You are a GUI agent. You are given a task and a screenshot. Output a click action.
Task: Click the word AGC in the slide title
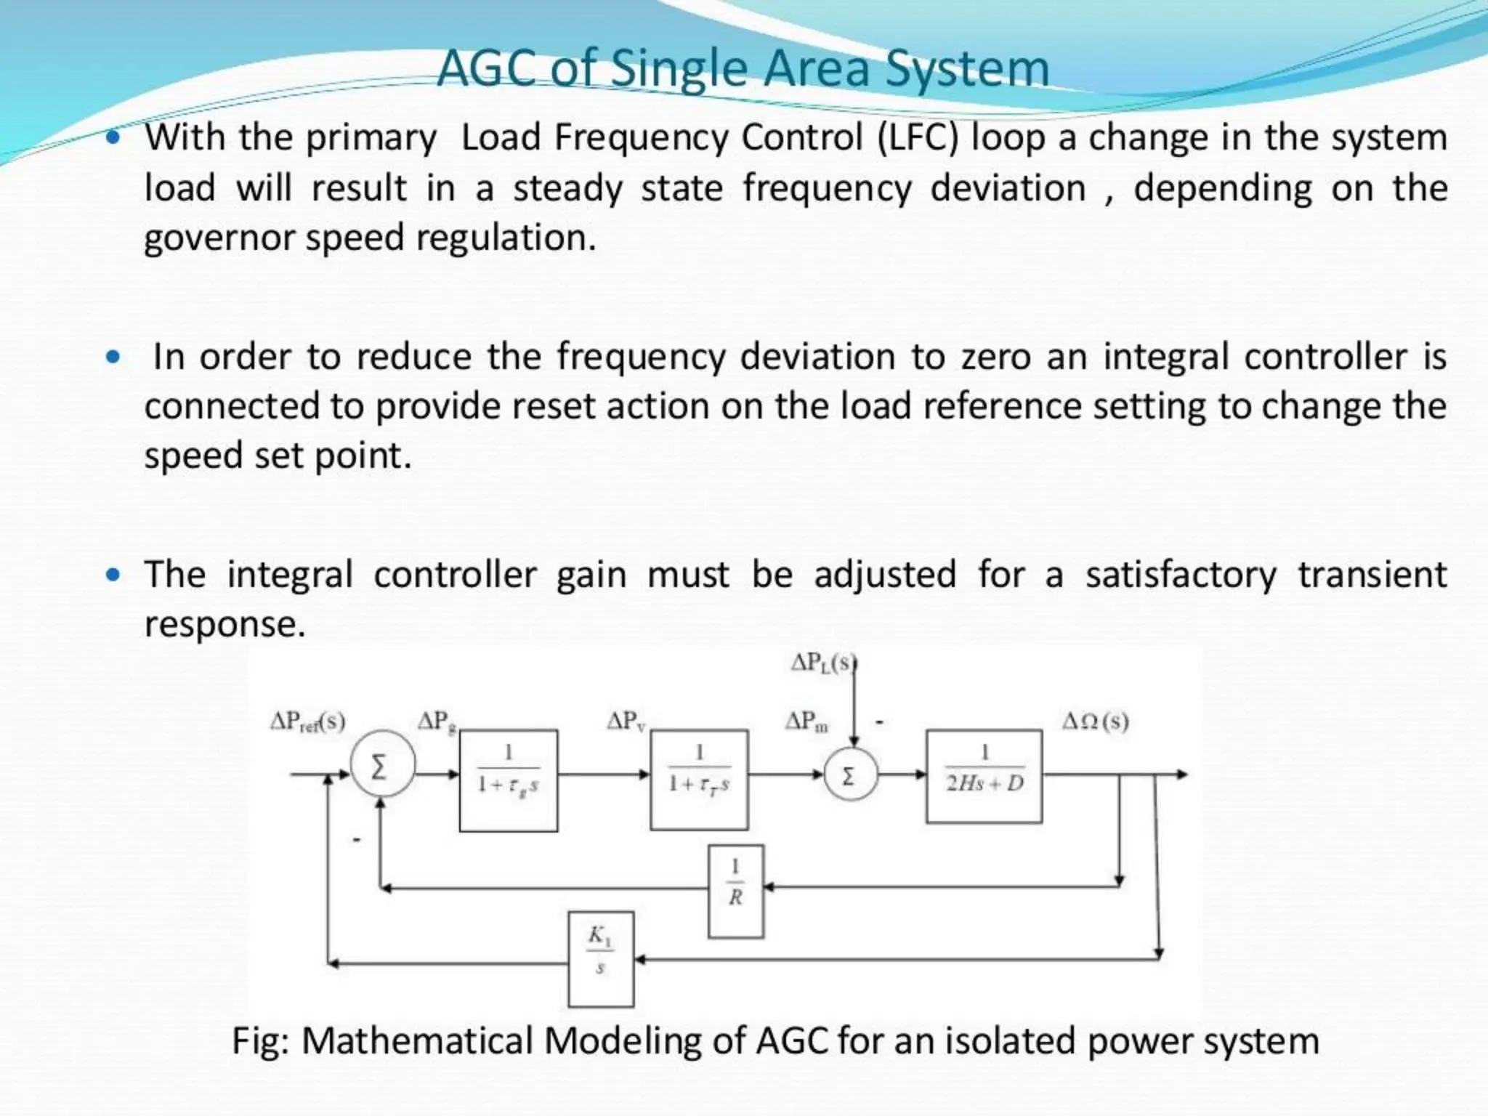pyautogui.click(x=488, y=69)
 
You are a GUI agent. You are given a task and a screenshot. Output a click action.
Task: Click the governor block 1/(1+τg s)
pyautogui.click(x=509, y=780)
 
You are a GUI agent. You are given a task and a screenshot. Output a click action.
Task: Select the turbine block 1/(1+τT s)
pyautogui.click(x=699, y=780)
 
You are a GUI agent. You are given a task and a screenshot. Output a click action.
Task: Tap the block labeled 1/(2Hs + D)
pyautogui.click(x=984, y=776)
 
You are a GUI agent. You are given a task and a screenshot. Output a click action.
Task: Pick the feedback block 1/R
pyautogui.click(x=735, y=891)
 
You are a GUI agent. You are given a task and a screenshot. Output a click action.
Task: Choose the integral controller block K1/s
pyautogui.click(x=600, y=959)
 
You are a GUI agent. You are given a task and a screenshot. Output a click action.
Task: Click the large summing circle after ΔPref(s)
pyautogui.click(x=382, y=764)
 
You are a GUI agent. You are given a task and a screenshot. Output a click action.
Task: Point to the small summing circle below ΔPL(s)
pyautogui.click(x=850, y=776)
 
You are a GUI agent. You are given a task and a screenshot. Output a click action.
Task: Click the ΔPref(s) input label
pyautogui.click(x=307, y=721)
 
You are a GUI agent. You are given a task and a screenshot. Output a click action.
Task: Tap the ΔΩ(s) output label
pyautogui.click(x=1095, y=721)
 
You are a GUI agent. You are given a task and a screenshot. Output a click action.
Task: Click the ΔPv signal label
pyautogui.click(x=626, y=721)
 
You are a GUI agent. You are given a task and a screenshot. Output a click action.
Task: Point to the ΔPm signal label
pyautogui.click(x=806, y=721)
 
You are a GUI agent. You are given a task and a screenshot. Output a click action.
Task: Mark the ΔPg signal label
pyautogui.click(x=436, y=721)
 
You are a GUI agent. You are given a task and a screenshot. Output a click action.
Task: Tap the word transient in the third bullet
pyautogui.click(x=1372, y=575)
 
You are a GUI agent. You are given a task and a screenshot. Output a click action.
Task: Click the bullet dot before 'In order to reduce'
pyautogui.click(x=113, y=357)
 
